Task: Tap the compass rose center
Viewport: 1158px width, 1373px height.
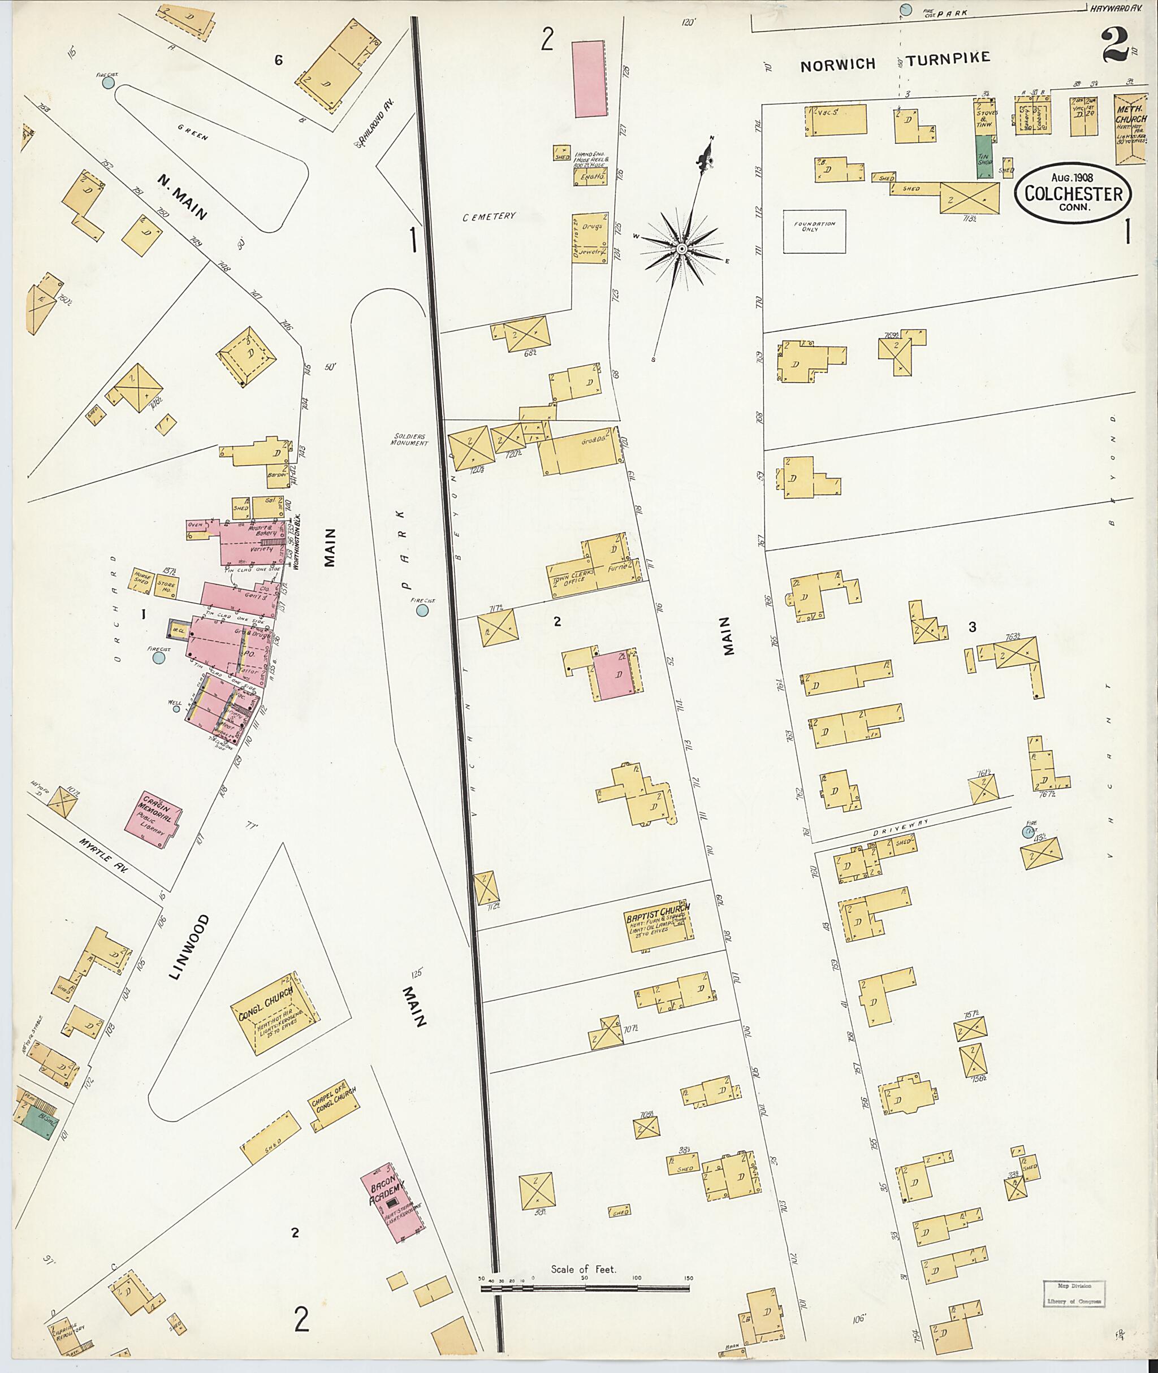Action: (682, 249)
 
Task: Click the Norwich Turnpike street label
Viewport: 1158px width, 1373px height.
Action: (894, 62)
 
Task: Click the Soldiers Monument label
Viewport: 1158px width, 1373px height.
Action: (408, 439)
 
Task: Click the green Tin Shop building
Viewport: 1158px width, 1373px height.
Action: (983, 157)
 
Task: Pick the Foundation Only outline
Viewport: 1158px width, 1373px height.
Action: (814, 231)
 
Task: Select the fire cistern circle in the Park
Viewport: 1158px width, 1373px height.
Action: (422, 610)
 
